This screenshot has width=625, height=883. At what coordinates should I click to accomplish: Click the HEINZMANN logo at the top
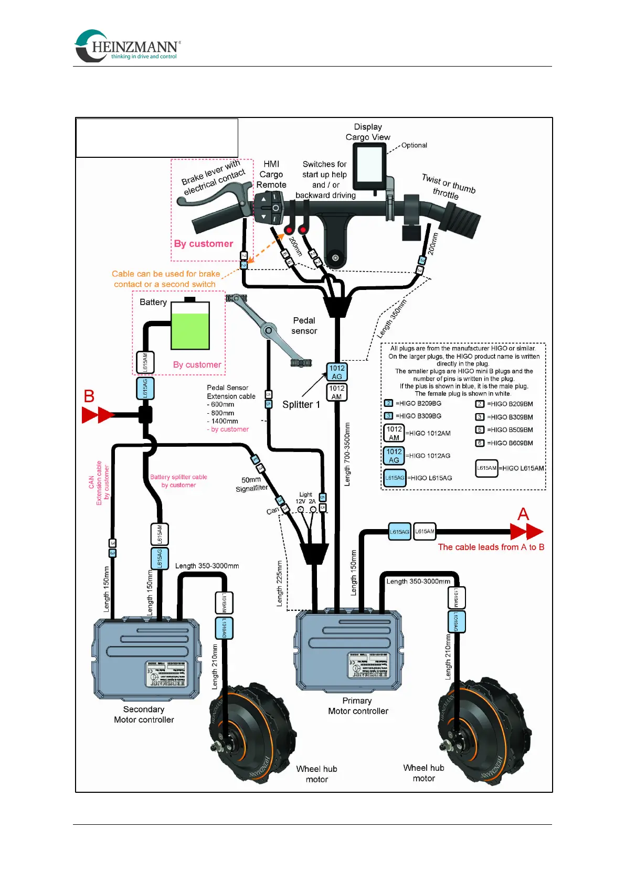pos(128,46)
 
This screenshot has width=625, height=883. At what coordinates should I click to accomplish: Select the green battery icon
pos(190,325)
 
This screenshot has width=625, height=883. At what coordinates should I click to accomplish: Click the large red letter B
pos(89,396)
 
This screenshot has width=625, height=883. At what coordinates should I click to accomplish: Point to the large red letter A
pos(523,514)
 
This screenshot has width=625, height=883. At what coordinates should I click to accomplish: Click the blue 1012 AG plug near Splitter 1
pos(337,372)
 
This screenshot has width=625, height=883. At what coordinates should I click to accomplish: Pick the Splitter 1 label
pos(301,404)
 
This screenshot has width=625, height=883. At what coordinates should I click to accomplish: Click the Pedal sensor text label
pos(304,326)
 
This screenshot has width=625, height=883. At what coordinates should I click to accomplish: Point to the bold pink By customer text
pos(204,244)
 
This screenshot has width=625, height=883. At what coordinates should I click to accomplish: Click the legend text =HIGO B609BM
pos(510,443)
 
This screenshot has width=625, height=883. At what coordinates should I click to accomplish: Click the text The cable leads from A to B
pos(491,547)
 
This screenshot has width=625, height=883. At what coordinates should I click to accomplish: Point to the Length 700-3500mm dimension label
pos(347,454)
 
